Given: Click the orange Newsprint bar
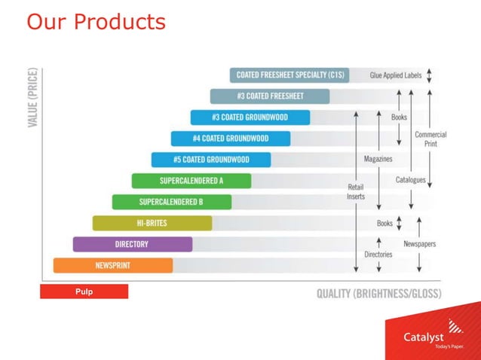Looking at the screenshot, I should tap(113, 265).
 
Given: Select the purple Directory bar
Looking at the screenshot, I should tap(132, 244).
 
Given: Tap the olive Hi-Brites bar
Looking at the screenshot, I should tap(152, 223).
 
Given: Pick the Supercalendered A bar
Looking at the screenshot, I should tap(191, 181).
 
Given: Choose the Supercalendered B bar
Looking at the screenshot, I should tap(171, 202).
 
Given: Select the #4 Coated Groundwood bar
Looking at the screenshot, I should tap(230, 139).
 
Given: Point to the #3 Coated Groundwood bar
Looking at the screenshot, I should tap(250, 117).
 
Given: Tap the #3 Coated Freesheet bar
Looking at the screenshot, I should tap(269, 96).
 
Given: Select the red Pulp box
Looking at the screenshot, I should tap(84, 291).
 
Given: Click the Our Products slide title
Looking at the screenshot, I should tap(96, 22).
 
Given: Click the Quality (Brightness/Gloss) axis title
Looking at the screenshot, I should tap(378, 294).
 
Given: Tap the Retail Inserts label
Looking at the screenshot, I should tap(356, 191).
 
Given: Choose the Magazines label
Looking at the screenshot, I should tap(378, 159).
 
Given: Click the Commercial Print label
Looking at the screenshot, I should tap(430, 139).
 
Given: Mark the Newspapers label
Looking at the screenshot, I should tap(419, 244).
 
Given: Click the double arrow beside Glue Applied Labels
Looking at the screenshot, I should tap(429, 75).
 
